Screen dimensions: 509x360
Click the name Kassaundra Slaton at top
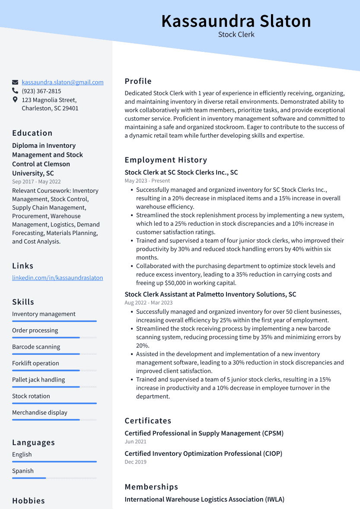click(236, 21)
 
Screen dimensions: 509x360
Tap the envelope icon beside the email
click(15, 82)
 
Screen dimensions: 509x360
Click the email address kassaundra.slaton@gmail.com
click(63, 82)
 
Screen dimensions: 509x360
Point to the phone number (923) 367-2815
click(41, 91)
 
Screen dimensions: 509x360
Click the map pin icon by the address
click(15, 100)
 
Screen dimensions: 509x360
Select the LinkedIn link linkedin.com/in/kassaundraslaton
click(57, 278)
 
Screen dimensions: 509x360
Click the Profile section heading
click(138, 81)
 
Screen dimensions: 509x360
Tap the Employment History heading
click(166, 160)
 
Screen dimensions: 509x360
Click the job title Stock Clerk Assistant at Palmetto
click(210, 294)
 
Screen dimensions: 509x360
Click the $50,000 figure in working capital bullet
click(178, 283)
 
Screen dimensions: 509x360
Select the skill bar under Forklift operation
click(54, 370)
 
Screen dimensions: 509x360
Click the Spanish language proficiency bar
click(54, 478)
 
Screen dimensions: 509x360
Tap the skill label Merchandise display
click(40, 413)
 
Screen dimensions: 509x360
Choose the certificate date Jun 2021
click(135, 442)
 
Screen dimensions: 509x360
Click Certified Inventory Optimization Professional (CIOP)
click(203, 454)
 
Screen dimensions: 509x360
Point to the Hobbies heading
click(29, 501)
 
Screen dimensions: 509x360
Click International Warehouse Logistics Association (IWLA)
click(204, 499)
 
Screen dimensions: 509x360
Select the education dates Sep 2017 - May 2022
click(36, 182)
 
